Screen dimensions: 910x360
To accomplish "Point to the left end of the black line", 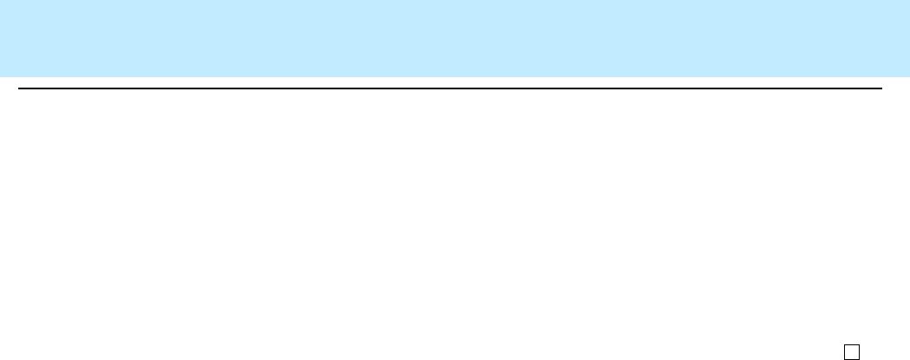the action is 19,88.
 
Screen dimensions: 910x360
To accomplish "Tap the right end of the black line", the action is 881,88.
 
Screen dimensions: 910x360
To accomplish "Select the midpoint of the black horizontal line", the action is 450,88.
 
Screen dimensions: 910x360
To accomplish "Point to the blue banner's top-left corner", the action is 0,0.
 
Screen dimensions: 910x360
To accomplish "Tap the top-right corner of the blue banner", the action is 909,0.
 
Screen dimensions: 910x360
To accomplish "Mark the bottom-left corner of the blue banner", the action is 0,76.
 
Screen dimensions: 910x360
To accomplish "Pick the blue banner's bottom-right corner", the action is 909,76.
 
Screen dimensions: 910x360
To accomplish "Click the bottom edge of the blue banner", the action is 455,76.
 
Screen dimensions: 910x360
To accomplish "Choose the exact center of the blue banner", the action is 455,38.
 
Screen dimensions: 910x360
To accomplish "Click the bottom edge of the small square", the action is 852,357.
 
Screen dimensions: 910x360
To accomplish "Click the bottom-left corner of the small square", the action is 846,357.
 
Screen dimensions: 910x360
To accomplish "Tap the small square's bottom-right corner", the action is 858,357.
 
